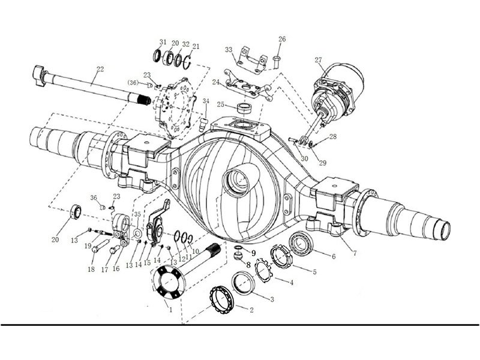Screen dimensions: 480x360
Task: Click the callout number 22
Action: tap(100, 69)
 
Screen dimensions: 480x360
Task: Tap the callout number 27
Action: tap(319, 60)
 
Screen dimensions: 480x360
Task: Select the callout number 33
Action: tap(229, 50)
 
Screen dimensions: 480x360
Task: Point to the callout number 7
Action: tap(355, 253)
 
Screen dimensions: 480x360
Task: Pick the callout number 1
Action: tap(171, 310)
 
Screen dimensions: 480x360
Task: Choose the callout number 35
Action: tap(137, 214)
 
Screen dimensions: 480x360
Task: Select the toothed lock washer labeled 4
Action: tap(262, 270)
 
